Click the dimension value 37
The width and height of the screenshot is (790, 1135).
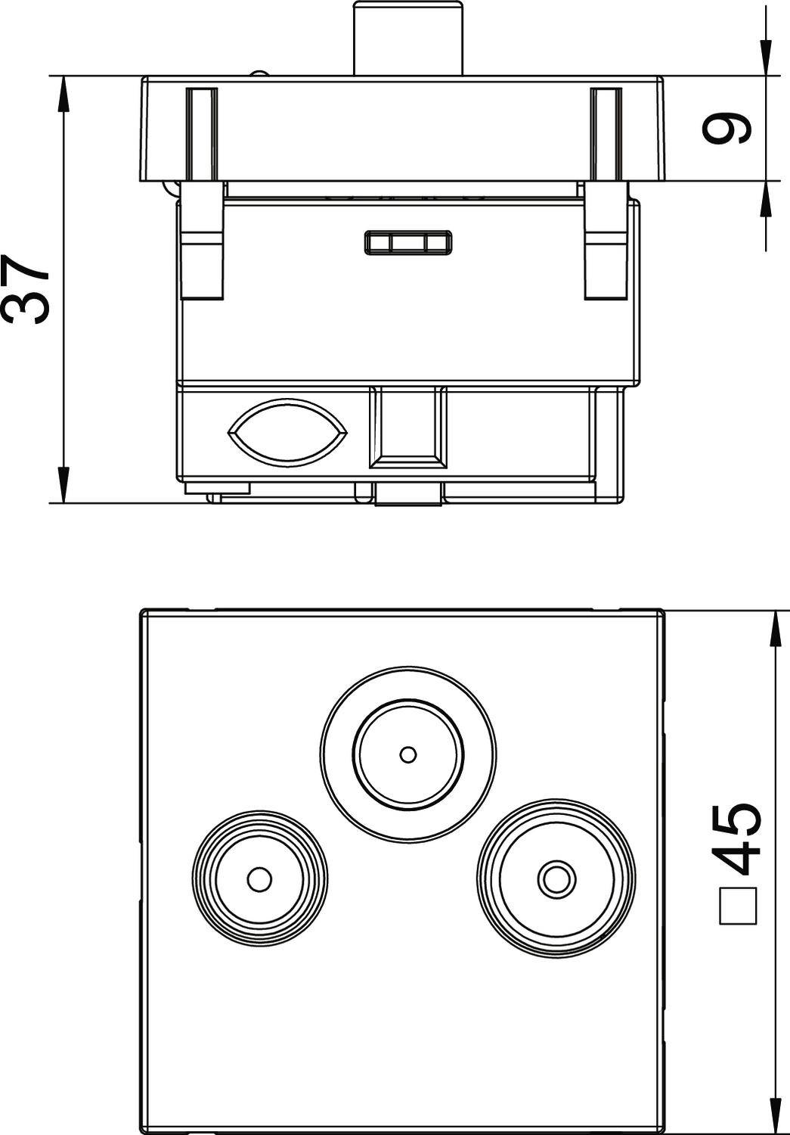coord(27,288)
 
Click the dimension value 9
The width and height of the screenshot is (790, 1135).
coord(727,129)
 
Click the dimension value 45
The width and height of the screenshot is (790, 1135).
coord(737,838)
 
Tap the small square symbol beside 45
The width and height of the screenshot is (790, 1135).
coord(738,905)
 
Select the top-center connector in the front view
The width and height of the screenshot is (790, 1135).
coord(408,754)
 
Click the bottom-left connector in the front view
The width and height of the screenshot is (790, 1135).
coord(259,879)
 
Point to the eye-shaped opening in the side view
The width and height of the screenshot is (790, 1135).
coord(287,432)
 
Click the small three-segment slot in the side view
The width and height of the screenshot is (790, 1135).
coord(408,242)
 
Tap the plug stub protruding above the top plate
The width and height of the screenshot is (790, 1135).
coord(408,38)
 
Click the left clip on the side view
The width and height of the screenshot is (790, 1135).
coord(201,227)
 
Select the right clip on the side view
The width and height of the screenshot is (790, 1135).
coord(606,227)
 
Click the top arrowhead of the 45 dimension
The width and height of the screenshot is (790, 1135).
coord(773,628)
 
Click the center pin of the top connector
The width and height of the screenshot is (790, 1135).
coord(408,754)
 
